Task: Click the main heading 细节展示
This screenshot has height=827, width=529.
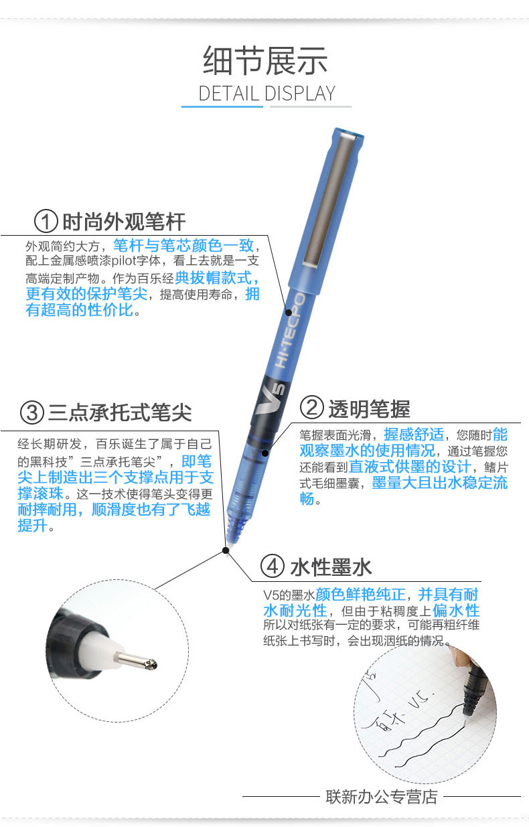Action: click(x=265, y=60)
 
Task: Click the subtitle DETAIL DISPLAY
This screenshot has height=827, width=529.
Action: click(x=267, y=93)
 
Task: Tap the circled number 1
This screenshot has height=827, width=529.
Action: click(x=46, y=222)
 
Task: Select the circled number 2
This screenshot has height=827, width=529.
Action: click(x=311, y=408)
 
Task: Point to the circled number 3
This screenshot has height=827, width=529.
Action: click(x=32, y=412)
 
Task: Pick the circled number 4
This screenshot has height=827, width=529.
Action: click(x=273, y=567)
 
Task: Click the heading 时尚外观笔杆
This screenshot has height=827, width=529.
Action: click(x=124, y=222)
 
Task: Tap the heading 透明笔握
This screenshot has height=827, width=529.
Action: click(x=369, y=408)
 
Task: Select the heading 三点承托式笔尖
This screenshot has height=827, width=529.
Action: click(x=120, y=412)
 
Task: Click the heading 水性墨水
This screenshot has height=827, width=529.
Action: click(x=331, y=567)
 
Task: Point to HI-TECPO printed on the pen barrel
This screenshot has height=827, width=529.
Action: click(x=291, y=331)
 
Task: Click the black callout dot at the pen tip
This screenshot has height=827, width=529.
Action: click(x=226, y=550)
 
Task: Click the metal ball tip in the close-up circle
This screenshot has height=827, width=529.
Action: click(x=151, y=664)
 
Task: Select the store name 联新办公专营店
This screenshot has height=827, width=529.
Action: click(x=382, y=797)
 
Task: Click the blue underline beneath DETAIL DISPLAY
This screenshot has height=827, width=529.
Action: click(x=222, y=106)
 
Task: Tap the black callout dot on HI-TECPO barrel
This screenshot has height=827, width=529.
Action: click(x=289, y=312)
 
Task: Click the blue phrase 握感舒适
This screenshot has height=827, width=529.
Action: click(x=414, y=435)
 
